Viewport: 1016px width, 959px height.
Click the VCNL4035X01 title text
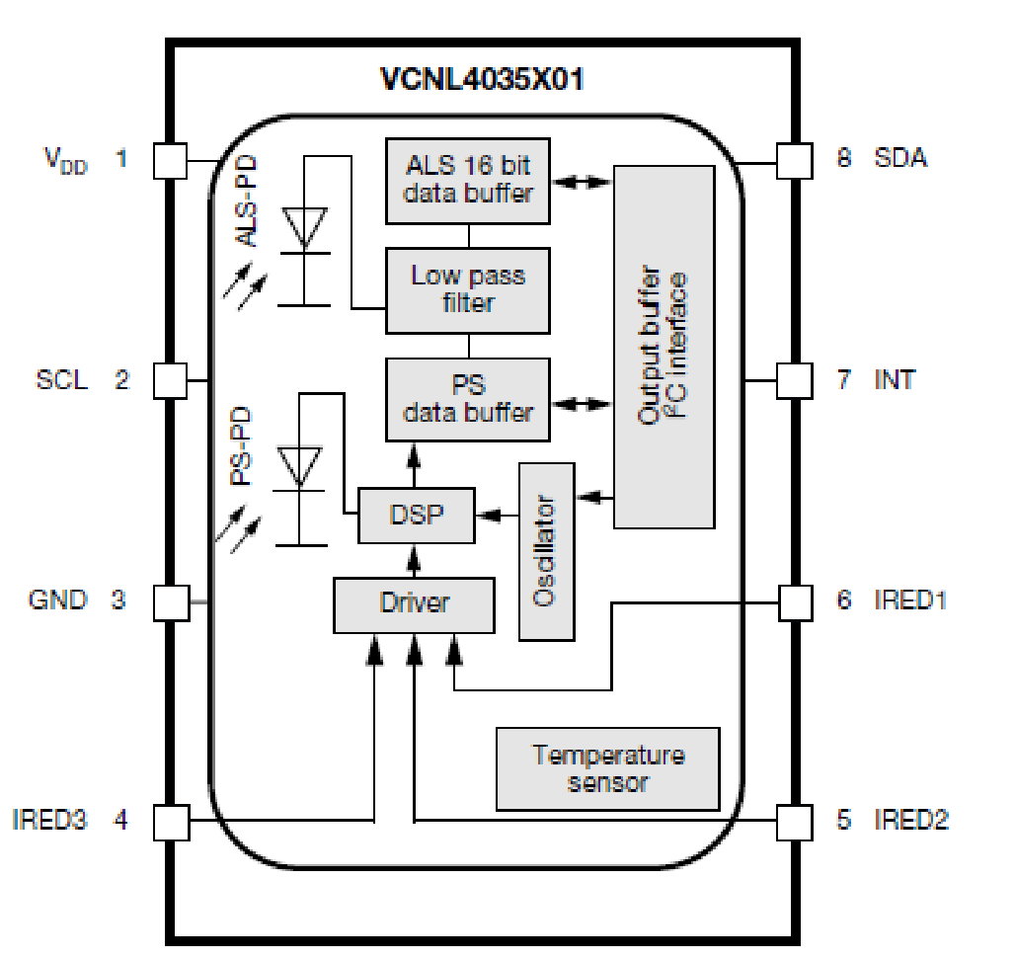[482, 79]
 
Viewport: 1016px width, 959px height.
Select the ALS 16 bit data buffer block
[467, 180]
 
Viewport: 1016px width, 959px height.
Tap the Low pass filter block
[467, 288]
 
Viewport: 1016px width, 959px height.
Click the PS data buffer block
[467, 399]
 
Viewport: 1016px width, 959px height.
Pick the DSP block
[416, 515]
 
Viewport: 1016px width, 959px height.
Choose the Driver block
[414, 603]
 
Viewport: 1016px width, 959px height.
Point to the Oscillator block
[547, 550]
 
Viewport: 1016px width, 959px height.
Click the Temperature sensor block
[607, 768]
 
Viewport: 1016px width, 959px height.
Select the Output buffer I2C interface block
[664, 346]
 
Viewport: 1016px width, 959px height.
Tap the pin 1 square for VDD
[171, 161]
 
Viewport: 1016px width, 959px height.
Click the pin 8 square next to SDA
[794, 161]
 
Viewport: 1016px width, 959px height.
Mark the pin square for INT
[794, 379]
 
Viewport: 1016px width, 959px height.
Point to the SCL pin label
[60, 379]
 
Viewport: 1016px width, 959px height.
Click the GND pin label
[57, 599]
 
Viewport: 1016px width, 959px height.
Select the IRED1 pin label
[909, 599]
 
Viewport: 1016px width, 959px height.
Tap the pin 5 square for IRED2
[794, 821]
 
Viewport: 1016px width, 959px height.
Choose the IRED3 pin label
[49, 820]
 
